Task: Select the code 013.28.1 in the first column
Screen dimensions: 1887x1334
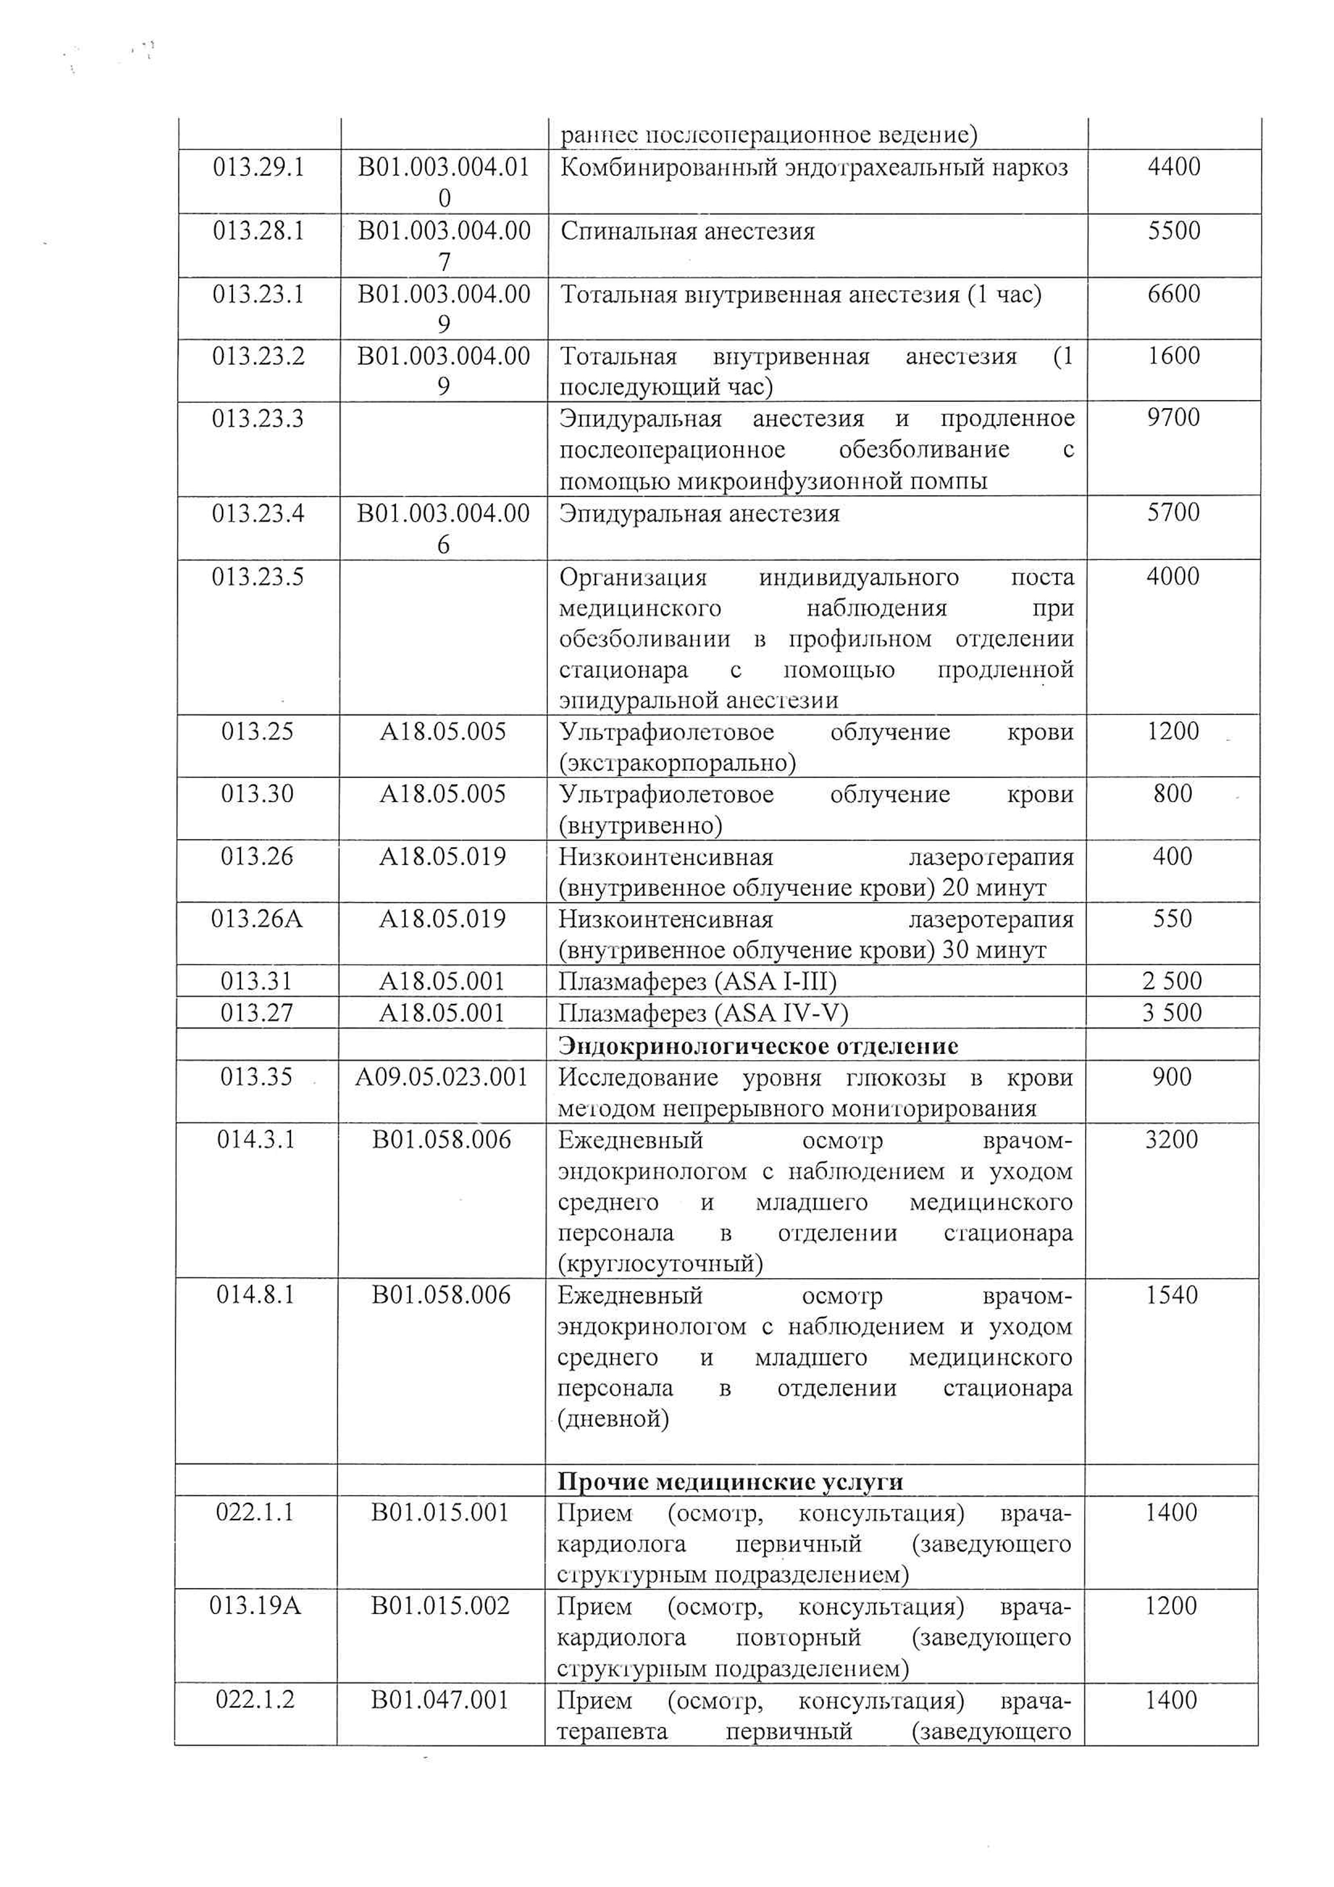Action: pyautogui.click(x=258, y=231)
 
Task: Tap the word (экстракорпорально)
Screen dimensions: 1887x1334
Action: pyautogui.click(x=677, y=763)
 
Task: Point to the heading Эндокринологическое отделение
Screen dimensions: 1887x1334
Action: pyautogui.click(x=758, y=1046)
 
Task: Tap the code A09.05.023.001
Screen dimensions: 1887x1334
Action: pyautogui.click(x=441, y=1077)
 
